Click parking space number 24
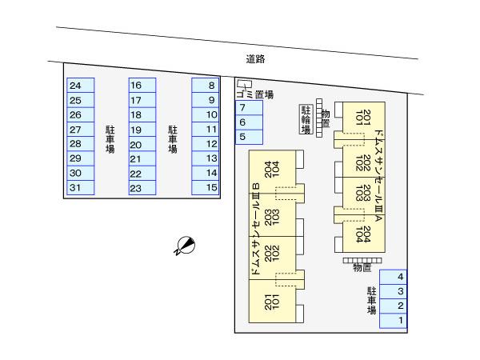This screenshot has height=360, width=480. click(80, 86)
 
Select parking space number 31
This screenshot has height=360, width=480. click(80, 188)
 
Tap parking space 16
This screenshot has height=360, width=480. click(142, 86)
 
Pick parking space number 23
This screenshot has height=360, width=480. click(142, 188)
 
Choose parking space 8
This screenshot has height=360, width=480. click(206, 86)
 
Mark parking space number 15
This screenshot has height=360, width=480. click(206, 188)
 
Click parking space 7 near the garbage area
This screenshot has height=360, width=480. click(248, 108)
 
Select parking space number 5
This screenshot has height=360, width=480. click(248, 137)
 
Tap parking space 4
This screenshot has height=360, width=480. click(394, 277)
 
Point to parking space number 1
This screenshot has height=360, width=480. click(394, 321)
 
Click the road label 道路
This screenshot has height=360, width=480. click(255, 58)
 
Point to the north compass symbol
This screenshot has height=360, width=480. click(184, 246)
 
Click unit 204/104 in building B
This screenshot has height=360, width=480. click(270, 169)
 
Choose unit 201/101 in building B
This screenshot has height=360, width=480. click(270, 302)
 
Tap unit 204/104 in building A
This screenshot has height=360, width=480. click(366, 235)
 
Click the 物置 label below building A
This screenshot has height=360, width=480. click(362, 268)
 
